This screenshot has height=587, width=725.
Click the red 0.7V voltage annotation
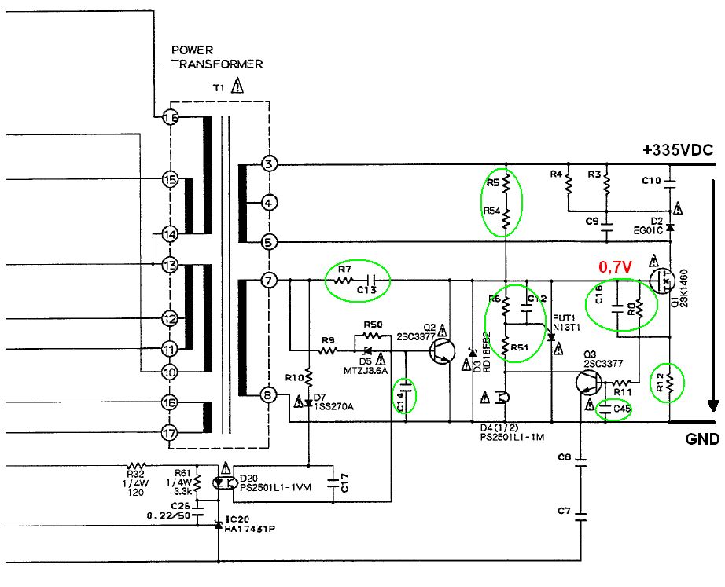click(x=616, y=268)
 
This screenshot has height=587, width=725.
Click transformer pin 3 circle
click(x=269, y=164)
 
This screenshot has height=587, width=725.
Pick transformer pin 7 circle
click(x=269, y=281)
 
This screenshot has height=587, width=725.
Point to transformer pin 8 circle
click(x=269, y=396)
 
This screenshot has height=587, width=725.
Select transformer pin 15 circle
click(x=170, y=179)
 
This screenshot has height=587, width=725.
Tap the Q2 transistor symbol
click(x=445, y=351)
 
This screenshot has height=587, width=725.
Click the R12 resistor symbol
click(x=669, y=383)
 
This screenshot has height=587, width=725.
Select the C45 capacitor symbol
click(x=606, y=408)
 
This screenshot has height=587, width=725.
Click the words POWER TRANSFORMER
click(x=216, y=57)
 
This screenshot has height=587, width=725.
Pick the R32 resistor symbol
click(x=138, y=465)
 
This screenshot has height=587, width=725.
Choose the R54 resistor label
click(x=492, y=211)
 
